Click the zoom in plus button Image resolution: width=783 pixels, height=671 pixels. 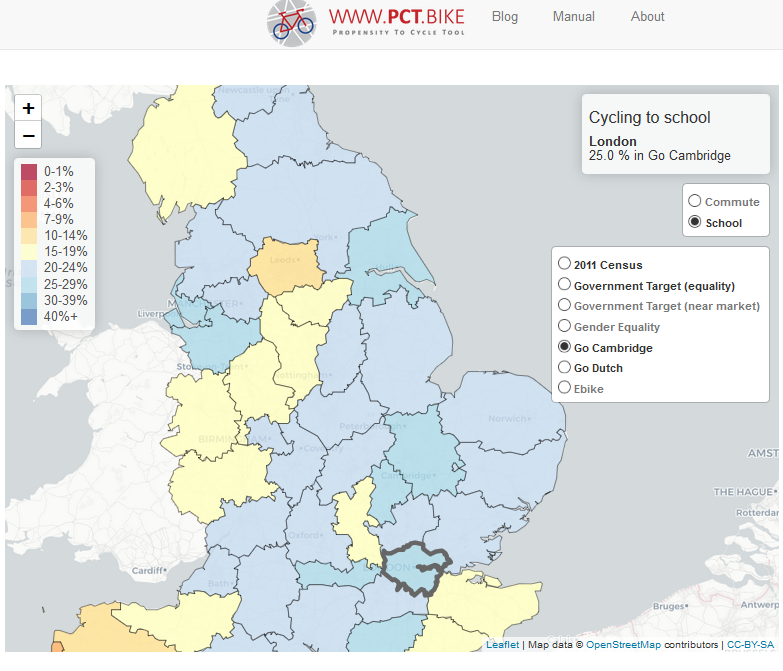(x=28, y=108)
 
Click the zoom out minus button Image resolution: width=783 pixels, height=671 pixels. (x=28, y=135)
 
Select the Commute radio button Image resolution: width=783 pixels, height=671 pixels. (x=695, y=201)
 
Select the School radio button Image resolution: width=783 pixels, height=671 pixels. (x=695, y=222)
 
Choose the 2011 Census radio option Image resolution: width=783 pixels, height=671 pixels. (x=565, y=264)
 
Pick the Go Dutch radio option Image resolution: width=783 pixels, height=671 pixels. (x=565, y=367)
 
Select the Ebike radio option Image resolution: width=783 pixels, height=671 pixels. (x=565, y=388)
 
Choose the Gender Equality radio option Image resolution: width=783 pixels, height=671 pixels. (x=565, y=326)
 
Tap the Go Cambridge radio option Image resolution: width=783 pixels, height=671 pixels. (x=565, y=347)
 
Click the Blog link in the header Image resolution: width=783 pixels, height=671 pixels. (x=505, y=17)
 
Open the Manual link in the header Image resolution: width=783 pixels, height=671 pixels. (x=573, y=17)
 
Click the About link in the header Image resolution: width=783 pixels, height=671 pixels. (x=647, y=17)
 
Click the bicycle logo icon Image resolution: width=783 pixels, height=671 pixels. (x=291, y=22)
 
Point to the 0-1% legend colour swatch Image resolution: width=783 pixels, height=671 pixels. (x=29, y=171)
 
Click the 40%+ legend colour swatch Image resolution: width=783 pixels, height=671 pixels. (x=29, y=316)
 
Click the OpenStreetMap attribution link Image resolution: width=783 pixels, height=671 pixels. (x=627, y=645)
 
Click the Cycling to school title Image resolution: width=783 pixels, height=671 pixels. (x=649, y=118)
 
